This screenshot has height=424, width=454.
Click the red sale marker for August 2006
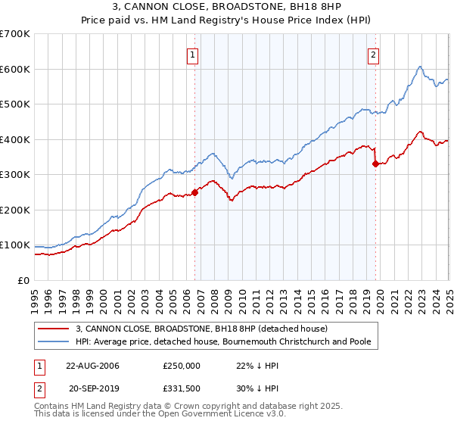(x=194, y=192)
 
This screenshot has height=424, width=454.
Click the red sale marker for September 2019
(x=375, y=163)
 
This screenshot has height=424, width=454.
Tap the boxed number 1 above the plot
(x=192, y=55)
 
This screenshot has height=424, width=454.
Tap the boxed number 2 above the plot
(x=374, y=55)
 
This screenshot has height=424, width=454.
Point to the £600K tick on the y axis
(x=15, y=69)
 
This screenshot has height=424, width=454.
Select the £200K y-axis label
(x=15, y=210)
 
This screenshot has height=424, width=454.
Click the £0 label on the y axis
(x=23, y=280)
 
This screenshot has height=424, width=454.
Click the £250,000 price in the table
(x=182, y=366)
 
